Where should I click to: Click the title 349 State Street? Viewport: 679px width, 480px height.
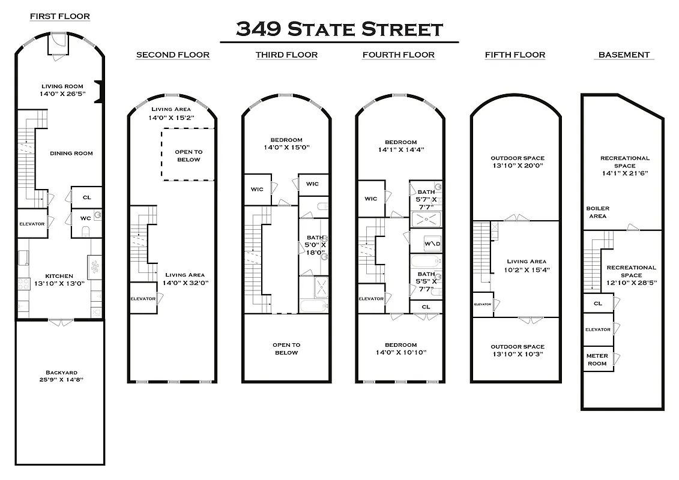tap(339, 29)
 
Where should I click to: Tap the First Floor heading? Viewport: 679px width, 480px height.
tap(60, 16)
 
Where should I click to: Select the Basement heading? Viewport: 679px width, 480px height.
tap(624, 55)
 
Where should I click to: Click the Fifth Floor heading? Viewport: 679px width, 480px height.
tap(515, 55)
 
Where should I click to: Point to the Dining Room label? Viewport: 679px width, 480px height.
tap(71, 153)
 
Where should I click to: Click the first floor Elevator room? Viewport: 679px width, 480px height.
tap(32, 224)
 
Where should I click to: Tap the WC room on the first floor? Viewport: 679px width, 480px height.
tap(86, 223)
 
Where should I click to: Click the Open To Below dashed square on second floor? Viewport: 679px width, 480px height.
tap(188, 155)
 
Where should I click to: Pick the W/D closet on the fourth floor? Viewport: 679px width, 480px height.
tap(432, 244)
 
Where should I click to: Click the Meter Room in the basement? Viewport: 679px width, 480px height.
tap(597, 359)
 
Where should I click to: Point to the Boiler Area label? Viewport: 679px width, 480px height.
tap(597, 212)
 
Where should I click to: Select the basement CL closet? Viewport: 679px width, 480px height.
tap(598, 303)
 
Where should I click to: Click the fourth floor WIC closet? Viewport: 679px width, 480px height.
tap(371, 199)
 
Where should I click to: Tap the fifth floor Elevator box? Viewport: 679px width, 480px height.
tap(482, 304)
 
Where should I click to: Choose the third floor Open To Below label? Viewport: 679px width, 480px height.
tap(286, 349)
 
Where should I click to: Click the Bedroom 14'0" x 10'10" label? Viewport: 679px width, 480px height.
tap(400, 349)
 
